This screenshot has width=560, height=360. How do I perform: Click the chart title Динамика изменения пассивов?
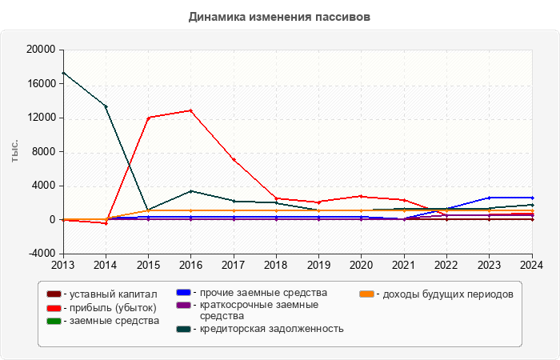tap(279, 16)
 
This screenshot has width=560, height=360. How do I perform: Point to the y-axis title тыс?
tap(14, 151)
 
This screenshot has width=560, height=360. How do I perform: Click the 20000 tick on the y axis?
tap(39, 50)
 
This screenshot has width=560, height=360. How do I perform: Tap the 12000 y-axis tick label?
tap(39, 118)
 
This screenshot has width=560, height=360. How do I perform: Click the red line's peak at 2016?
tap(190, 110)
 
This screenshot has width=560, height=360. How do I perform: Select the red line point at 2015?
tap(148, 118)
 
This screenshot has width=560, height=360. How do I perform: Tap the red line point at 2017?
tap(234, 160)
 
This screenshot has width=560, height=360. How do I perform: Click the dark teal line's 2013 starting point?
tap(62, 73)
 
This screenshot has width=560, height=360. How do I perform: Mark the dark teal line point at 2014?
tap(106, 106)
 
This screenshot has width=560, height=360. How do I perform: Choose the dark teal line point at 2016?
tap(190, 191)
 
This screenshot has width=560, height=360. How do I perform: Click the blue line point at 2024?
tap(532, 198)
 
